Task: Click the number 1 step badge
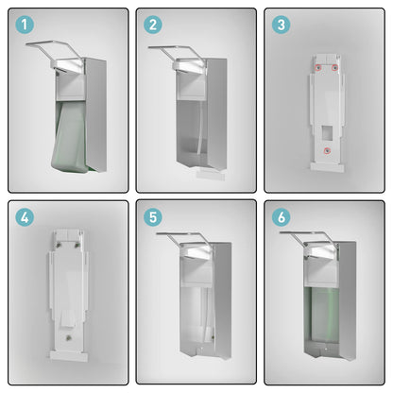pyautogui.click(x=25, y=25)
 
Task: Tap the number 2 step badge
pyautogui.click(x=153, y=25)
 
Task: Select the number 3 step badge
pyautogui.click(x=281, y=25)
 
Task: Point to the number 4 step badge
pyautogui.click(x=25, y=217)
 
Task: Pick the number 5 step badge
pyautogui.click(x=153, y=217)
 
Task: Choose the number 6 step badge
pyautogui.click(x=281, y=217)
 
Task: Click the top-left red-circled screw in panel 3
pyautogui.click(x=318, y=68)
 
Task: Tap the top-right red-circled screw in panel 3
pyautogui.click(x=334, y=68)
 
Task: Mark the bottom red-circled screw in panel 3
pyautogui.click(x=328, y=151)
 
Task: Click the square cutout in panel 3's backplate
pyautogui.click(x=327, y=133)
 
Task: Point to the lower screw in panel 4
pyautogui.click(x=67, y=338)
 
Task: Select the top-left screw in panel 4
pyautogui.click(x=59, y=245)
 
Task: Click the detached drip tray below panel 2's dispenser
pyautogui.click(x=211, y=175)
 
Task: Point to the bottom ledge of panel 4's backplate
pyautogui.click(x=69, y=356)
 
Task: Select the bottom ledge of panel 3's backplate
pyautogui.click(x=327, y=167)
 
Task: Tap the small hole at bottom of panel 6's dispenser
pyautogui.click(x=326, y=350)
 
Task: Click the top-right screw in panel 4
pyautogui.click(x=77, y=245)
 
